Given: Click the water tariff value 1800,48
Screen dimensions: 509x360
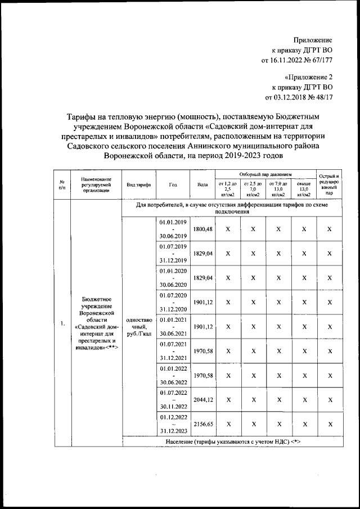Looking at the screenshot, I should [202, 229].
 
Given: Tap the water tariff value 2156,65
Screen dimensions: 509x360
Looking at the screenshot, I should [202, 424].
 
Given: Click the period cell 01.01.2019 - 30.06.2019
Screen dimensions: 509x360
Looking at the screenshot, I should [173, 229].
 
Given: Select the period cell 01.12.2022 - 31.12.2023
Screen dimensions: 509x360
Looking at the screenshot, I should [173, 424].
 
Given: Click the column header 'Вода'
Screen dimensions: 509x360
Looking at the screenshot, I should [202, 184].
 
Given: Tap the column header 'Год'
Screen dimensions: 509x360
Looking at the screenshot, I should [173, 184].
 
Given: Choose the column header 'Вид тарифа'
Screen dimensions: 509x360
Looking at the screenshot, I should [138, 184].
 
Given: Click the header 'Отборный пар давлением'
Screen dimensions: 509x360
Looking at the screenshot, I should [265, 175].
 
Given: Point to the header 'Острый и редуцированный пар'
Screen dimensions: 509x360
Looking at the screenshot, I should [329, 184].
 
